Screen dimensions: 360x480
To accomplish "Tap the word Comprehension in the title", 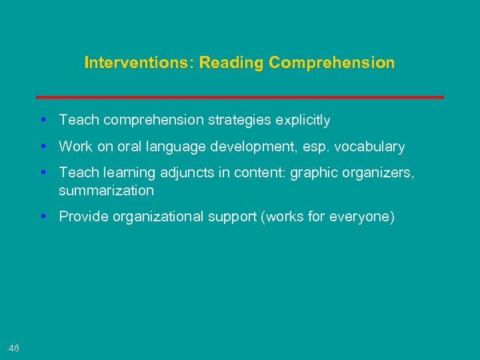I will tap(331, 63).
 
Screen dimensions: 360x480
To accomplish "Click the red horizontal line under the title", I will tap(240, 97).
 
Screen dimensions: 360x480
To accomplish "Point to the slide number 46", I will tap(14, 347).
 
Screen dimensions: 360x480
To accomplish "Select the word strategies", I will tap(239, 120).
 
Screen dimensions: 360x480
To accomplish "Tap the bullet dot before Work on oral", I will tap(42, 146).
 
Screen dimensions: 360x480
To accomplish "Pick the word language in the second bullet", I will tap(171, 146).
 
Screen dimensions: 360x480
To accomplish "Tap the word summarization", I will tap(106, 191).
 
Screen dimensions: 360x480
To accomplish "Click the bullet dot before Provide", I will tap(42, 217).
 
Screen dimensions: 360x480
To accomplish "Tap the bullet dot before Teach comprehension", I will tap(42, 120).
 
